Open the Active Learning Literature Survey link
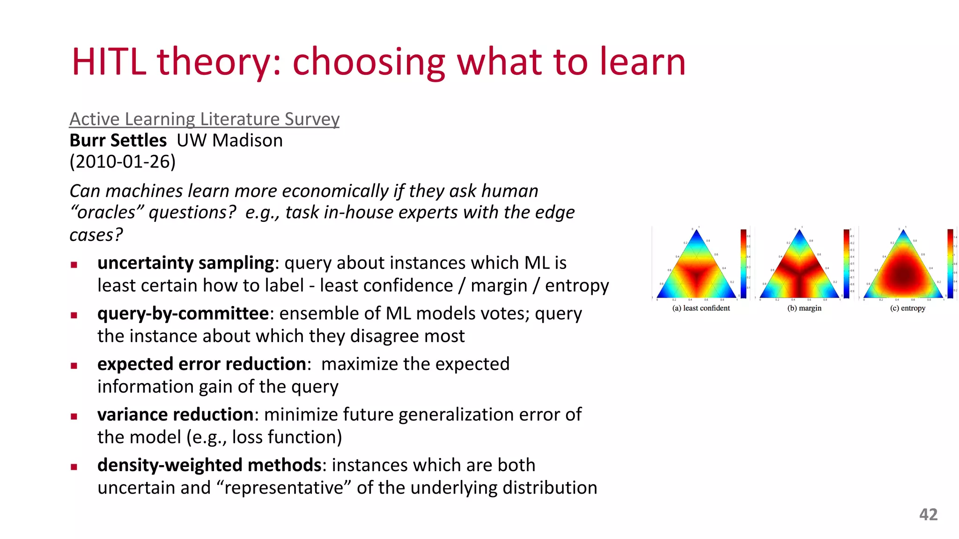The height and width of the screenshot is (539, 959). [204, 119]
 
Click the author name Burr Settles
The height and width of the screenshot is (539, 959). [118, 140]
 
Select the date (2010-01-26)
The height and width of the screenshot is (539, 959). [123, 162]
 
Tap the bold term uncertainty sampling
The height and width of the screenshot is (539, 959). [185, 263]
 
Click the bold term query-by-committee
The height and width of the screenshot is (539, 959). [183, 313]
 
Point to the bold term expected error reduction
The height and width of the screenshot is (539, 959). [202, 364]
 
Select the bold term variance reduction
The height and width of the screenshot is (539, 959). [176, 415]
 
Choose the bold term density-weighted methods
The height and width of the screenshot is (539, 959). [209, 465]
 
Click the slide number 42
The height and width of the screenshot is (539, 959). [928, 515]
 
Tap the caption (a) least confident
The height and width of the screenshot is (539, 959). [701, 308]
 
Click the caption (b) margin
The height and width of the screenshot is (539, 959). [804, 308]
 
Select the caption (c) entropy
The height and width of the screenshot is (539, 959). [907, 308]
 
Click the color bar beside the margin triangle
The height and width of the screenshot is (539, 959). [846, 263]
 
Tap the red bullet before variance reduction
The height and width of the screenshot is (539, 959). [74, 416]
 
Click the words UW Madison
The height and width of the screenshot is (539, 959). [229, 140]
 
